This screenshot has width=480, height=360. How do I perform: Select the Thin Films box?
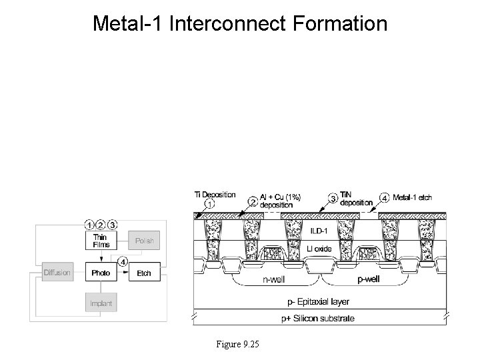100,241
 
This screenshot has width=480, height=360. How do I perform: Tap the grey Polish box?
144,241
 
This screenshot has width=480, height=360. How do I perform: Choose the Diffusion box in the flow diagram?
57,273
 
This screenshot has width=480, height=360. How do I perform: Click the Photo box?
100,273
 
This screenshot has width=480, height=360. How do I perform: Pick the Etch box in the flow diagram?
144,273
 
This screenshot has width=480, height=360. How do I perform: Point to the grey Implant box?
100,303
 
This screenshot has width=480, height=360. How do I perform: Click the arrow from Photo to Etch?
123,273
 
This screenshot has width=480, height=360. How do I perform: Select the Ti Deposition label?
215,195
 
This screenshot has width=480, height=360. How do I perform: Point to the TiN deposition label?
356,198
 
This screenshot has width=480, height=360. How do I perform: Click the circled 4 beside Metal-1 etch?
384,197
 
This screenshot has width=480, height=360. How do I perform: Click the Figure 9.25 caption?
237,344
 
